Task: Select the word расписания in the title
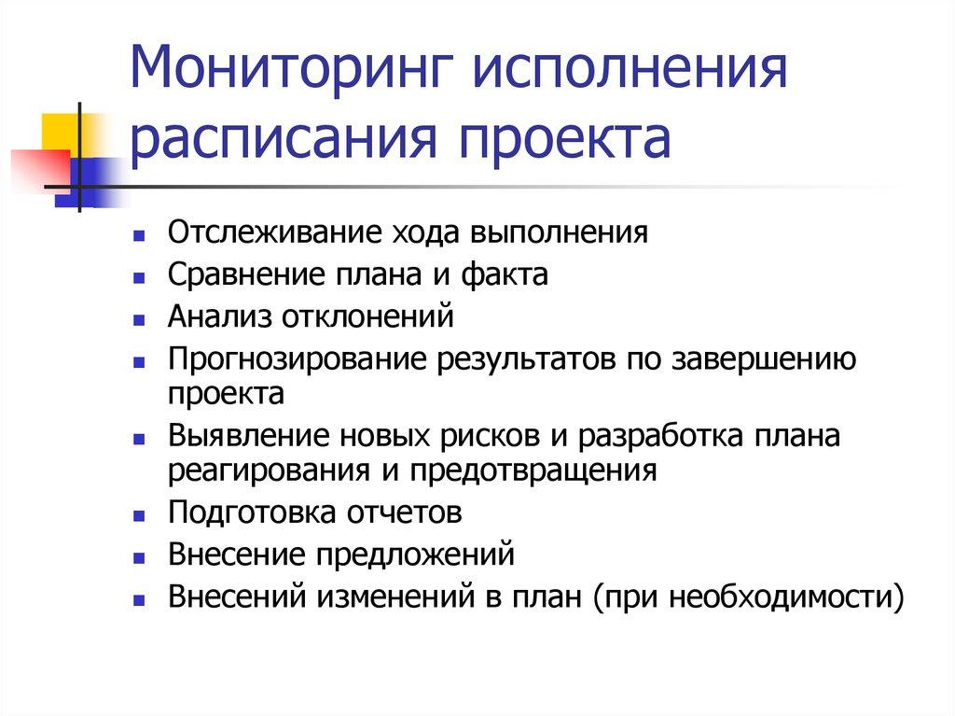(x=282, y=138)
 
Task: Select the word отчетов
(x=405, y=512)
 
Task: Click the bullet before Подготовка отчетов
(x=139, y=515)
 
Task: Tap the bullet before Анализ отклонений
(x=139, y=319)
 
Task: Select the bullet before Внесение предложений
(x=139, y=557)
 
